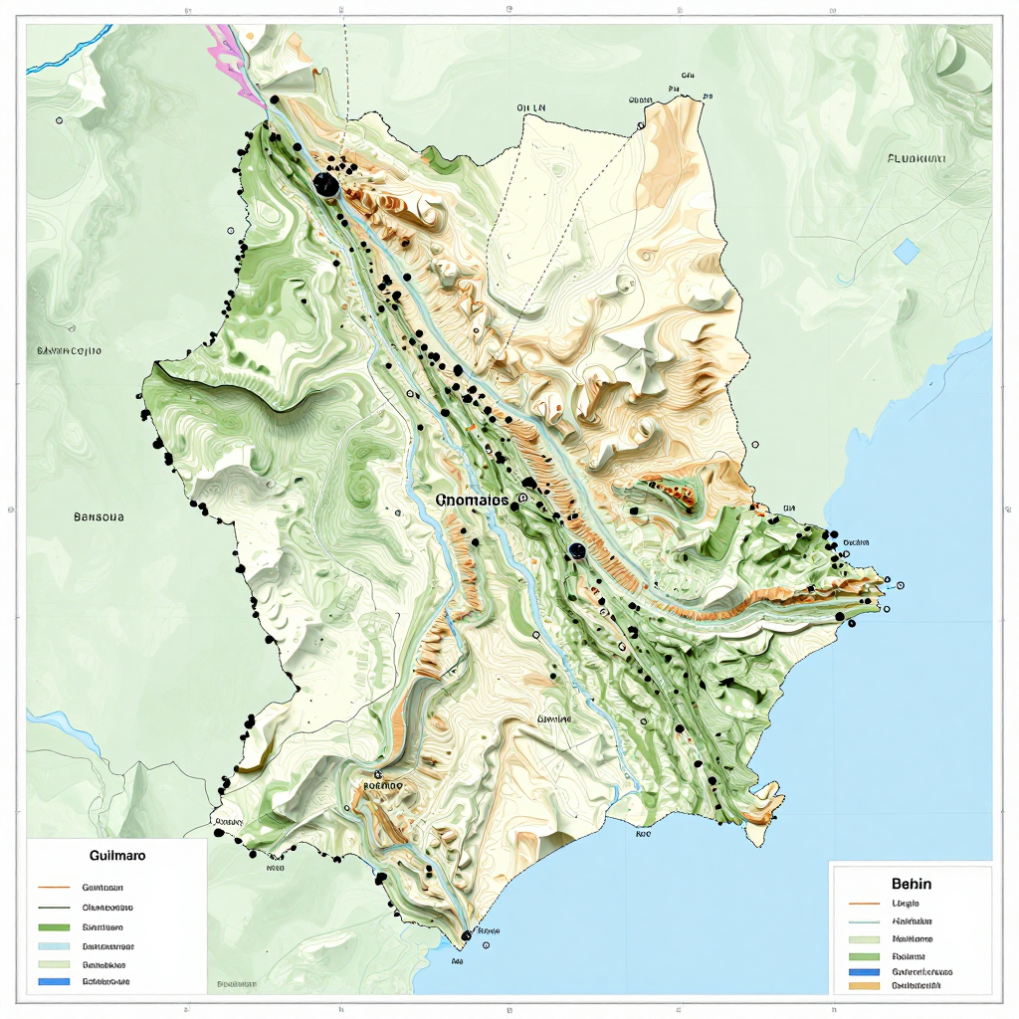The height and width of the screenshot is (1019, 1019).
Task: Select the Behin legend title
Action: click(912, 883)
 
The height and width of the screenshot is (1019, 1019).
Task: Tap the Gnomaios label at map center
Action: click(472, 500)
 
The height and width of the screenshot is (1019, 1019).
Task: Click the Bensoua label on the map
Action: click(100, 516)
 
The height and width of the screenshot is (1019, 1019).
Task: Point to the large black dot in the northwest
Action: click(325, 184)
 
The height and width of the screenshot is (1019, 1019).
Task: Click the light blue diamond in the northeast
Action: click(907, 251)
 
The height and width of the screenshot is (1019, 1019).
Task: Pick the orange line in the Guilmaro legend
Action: click(54, 887)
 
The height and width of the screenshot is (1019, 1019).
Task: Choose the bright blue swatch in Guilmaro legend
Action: click(54, 981)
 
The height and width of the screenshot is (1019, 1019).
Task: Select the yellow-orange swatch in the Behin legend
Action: click(866, 986)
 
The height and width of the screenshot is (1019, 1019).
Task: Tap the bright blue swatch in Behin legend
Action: click(866, 971)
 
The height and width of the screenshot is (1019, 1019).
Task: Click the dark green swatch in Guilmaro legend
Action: click(54, 926)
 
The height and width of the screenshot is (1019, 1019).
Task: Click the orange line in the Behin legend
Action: click(866, 905)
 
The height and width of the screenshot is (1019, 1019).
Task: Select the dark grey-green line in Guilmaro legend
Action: click(54, 908)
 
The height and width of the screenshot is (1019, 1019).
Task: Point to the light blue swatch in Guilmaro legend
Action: click(54, 945)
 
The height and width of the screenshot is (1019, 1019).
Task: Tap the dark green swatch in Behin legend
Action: click(866, 955)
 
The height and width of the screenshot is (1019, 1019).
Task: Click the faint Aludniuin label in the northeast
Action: click(916, 158)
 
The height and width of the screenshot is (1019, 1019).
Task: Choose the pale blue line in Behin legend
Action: click(866, 921)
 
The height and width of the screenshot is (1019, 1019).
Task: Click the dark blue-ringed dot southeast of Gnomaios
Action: click(576, 550)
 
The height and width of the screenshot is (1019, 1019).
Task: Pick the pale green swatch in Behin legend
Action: click(866, 938)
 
